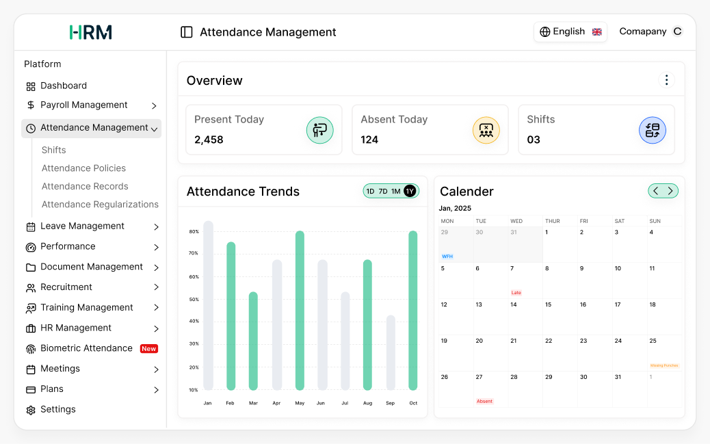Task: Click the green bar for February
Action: [x=231, y=316]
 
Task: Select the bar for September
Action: [x=391, y=352]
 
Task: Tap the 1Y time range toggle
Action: [x=410, y=192]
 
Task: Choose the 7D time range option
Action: [x=383, y=192]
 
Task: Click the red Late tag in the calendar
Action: [x=516, y=293]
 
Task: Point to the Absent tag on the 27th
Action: [x=484, y=402]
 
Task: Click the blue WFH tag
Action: [x=447, y=257]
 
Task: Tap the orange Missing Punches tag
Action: [x=664, y=366]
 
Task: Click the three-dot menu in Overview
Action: [x=666, y=80]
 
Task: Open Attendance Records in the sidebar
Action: [x=85, y=186]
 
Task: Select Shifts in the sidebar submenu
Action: [x=54, y=150]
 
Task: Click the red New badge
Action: [x=149, y=349]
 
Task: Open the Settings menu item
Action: [x=58, y=409]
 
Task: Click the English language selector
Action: [x=570, y=31]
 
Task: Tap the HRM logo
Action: [x=90, y=32]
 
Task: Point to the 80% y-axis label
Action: [x=194, y=232]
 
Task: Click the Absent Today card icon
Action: [x=486, y=130]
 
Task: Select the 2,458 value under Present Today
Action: [x=209, y=140]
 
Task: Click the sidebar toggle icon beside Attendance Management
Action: [x=186, y=32]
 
